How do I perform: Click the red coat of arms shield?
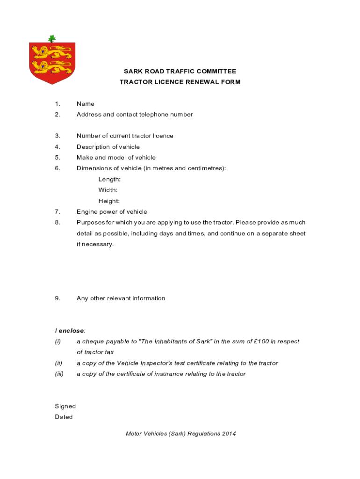coord(52,62)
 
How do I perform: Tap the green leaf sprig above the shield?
coord(52,38)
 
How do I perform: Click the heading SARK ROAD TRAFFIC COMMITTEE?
coord(180,72)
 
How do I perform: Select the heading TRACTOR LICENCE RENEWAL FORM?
coord(180,82)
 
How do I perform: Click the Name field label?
coord(86,104)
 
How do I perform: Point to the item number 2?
coord(57,115)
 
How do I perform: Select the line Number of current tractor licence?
coord(125,136)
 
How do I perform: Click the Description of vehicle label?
coord(108,147)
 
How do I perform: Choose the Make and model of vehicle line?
coord(116,158)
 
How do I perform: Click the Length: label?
coord(109,179)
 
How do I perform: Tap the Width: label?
coord(108,190)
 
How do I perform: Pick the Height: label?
coord(109,201)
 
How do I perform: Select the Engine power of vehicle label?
coord(112,212)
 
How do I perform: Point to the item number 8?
coord(57,223)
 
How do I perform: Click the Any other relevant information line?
coord(121,298)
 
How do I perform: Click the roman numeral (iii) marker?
coord(59,374)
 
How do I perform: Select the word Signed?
coord(65,406)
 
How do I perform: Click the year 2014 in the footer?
coord(229,434)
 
